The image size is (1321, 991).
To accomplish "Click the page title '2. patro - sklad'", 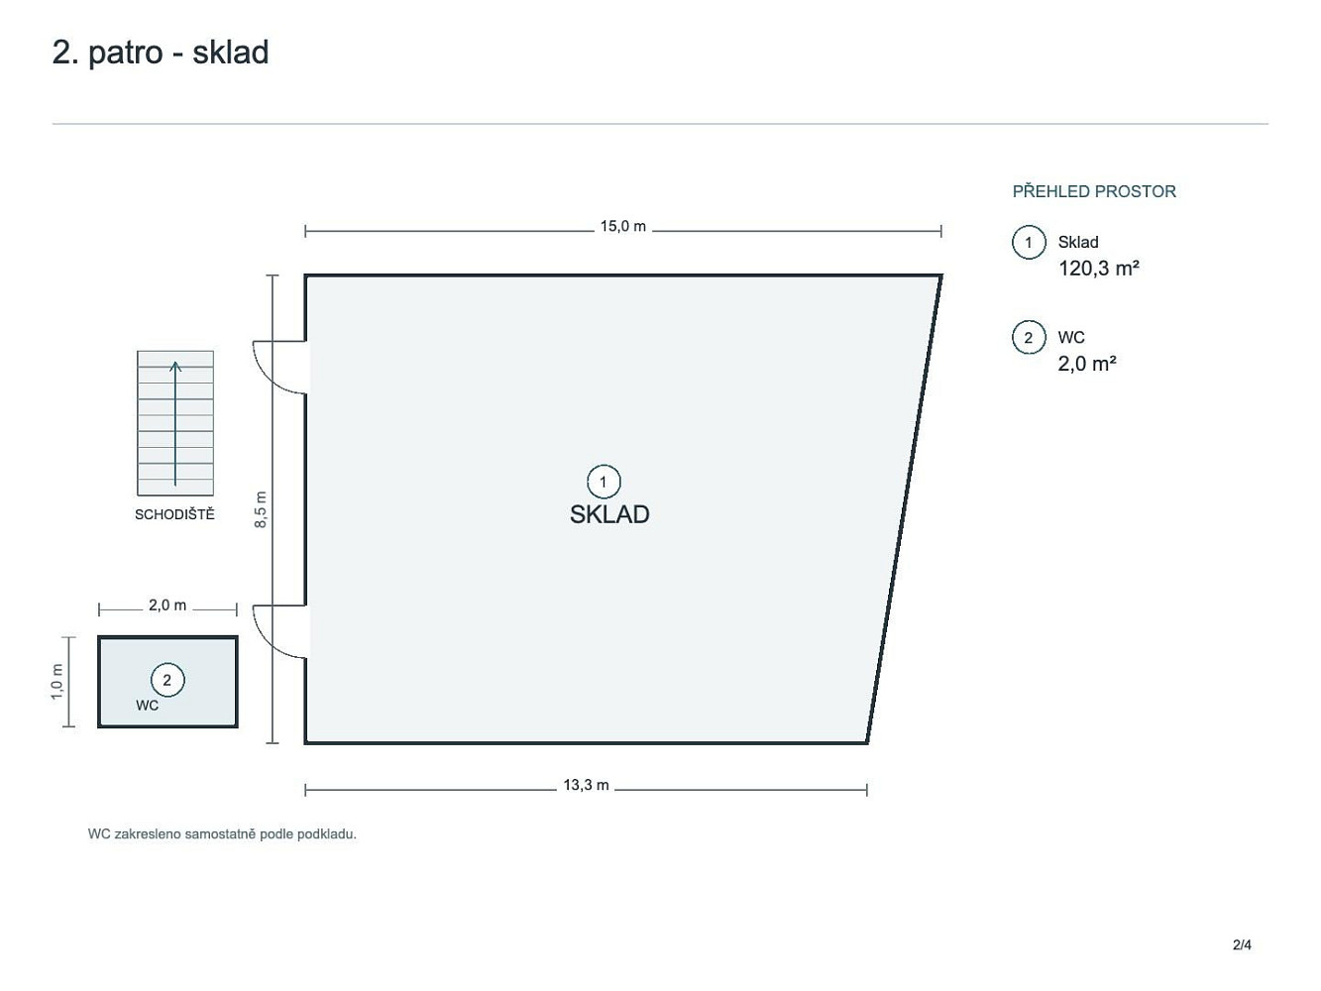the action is pos(161,53).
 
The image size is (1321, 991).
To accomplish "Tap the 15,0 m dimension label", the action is pos(623,226).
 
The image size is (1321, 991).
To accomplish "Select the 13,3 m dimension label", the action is pos(586,785).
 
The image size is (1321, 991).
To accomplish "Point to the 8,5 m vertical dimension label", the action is pos(261,509).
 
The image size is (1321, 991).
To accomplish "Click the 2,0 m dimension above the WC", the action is pos(167,606).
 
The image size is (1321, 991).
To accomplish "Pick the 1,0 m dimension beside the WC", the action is pos(57,682).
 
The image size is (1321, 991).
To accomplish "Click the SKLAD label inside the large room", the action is pos(609,514).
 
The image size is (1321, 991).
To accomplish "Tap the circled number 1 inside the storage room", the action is pos(604,482).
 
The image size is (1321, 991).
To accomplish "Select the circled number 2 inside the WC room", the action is pos(167,680).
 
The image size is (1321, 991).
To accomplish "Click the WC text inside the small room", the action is pos(148,706).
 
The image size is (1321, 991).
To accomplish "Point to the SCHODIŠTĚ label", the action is pos(174,514).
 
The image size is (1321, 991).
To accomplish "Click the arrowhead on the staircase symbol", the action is pos(175,365).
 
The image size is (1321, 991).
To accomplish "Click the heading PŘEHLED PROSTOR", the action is pos(1094,192).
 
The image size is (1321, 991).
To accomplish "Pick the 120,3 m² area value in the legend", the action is pos(1099,269).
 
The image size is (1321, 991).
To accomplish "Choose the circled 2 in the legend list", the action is pos(1029,338).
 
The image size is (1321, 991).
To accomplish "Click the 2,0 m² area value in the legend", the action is pos(1087,364).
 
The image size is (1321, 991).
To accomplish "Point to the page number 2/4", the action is pos(1242,945).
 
